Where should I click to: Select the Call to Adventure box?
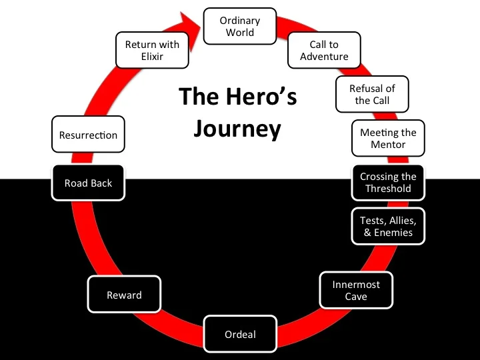[324, 51]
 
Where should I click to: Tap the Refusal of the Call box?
[372, 95]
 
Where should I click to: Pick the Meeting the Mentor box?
[388, 139]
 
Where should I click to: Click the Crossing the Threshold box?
[388, 183]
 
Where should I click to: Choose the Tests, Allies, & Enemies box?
[388, 227]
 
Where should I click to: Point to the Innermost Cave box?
[356, 290]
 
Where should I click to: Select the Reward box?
[124, 295]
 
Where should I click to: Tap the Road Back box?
[88, 183]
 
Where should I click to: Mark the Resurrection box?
[88, 135]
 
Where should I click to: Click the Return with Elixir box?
[152, 51]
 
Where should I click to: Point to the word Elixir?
[152, 57]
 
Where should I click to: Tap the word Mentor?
[388, 145]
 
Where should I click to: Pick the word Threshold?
[388, 189]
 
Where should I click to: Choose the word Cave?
[356, 297]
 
